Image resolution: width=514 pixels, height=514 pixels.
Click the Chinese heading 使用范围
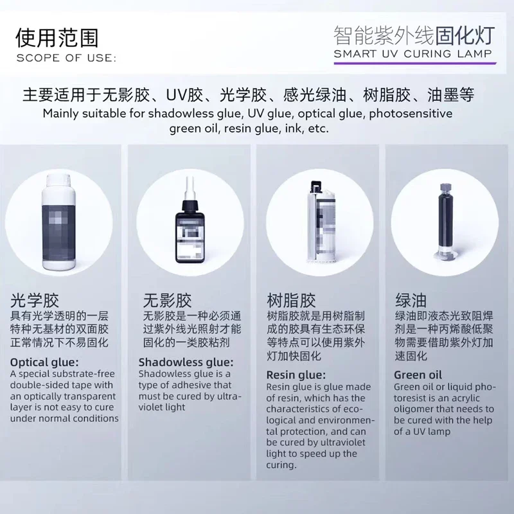[57, 38]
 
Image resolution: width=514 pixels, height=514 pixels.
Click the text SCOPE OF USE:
[66, 58]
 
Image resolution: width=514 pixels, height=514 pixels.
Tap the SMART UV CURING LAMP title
[413, 53]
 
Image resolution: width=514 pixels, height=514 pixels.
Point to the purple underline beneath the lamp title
[415, 63]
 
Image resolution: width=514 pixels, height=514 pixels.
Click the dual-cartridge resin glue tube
[320, 222]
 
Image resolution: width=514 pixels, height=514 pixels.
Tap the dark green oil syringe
[445, 222]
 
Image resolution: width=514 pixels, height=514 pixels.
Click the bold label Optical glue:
[44, 362]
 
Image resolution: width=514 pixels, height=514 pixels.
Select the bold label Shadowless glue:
[186, 362]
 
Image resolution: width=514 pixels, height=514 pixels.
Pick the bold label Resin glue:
[296, 375]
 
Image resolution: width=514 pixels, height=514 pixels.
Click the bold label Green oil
[418, 375]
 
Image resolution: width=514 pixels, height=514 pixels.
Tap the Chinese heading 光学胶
[35, 300]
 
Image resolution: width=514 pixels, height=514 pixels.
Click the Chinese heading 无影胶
[167, 300]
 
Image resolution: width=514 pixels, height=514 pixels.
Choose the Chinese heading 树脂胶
[291, 300]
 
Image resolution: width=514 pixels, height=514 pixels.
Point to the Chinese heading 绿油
[411, 300]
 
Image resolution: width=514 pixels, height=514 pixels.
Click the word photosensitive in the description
[411, 114]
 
